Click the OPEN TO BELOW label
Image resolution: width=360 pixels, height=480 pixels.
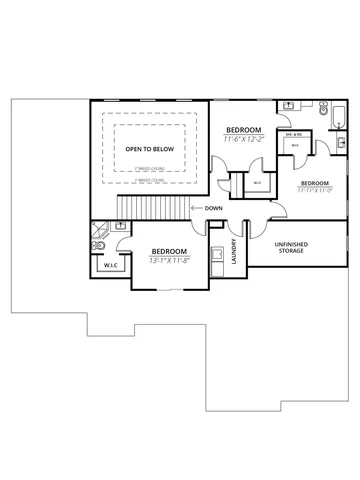click(x=147, y=146)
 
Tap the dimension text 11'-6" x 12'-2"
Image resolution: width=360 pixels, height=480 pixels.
click(x=243, y=140)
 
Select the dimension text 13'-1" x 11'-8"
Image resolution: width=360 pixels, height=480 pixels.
click(x=168, y=260)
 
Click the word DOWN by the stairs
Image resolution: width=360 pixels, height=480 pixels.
click(x=213, y=208)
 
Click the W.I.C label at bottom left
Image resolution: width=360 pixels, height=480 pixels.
click(x=109, y=266)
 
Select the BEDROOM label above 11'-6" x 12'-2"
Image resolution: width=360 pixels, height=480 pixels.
click(x=243, y=131)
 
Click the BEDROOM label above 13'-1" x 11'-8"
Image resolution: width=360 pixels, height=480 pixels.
click(x=168, y=251)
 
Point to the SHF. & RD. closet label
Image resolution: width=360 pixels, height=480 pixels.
click(x=296, y=134)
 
